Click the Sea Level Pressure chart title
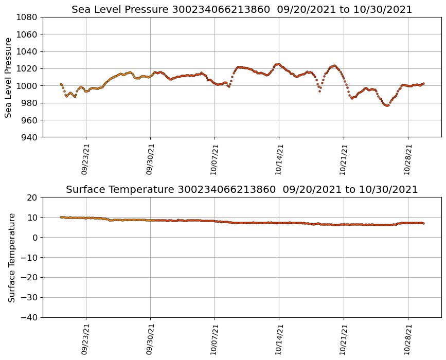coord(242,10)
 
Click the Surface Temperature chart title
coord(242,190)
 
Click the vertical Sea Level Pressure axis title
coord(9,77)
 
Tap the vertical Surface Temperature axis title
coord(11,257)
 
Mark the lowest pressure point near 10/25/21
coord(387,105)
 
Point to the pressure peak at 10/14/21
coord(278,64)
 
